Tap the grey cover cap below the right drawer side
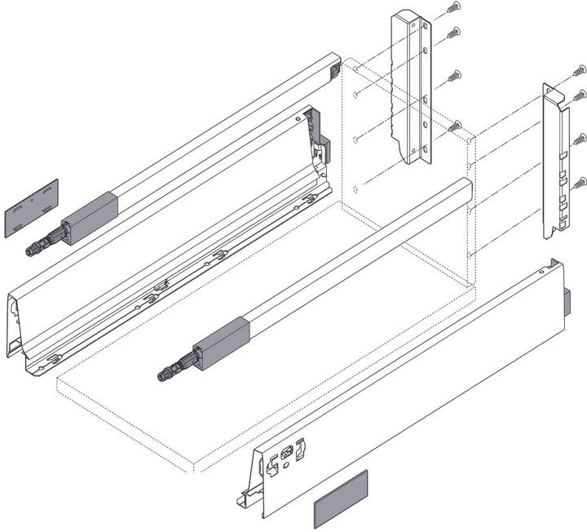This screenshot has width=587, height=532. click(341, 499)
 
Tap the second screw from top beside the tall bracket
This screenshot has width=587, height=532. click(453, 33)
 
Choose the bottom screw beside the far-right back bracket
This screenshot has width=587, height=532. click(579, 181)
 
